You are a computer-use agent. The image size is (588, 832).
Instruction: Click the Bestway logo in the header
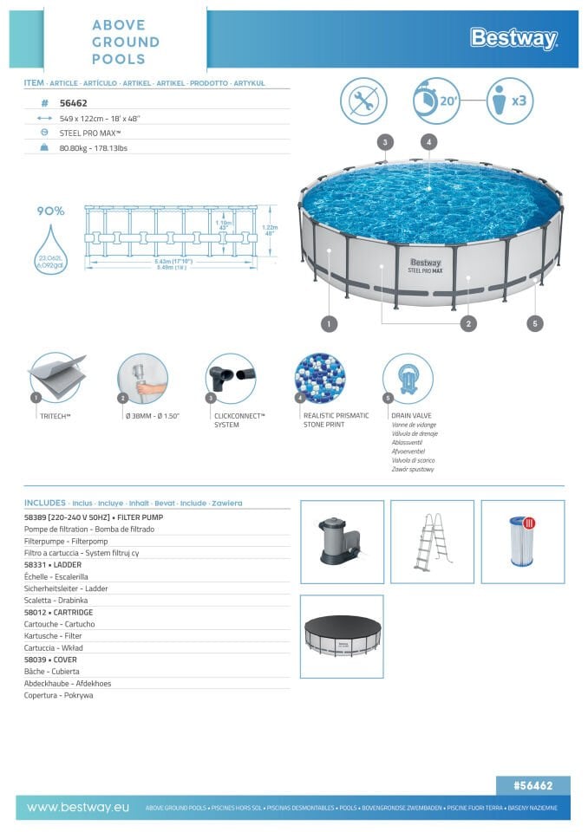pos(513,38)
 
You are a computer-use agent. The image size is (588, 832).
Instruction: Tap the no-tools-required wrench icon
pos(363,101)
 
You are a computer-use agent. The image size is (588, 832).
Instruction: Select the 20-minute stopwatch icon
pos(435,101)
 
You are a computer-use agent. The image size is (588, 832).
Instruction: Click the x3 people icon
pos(508,101)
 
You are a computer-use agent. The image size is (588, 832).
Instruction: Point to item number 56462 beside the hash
pos(73,101)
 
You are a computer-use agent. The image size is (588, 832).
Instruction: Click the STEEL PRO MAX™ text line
pos(90,133)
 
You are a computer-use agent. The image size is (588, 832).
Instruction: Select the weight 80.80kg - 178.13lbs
pos(93,148)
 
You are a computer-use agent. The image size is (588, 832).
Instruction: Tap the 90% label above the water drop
pos(50,211)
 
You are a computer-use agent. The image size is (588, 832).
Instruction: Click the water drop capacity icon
pos(51,248)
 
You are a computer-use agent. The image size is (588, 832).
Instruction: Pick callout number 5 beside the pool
pos(535,323)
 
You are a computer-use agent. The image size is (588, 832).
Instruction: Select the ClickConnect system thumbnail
pos(230,378)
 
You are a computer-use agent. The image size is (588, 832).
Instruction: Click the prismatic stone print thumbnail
pos(319,378)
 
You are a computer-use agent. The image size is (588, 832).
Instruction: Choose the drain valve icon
pos(407,378)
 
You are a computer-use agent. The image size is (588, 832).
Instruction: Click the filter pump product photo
pos(342,541)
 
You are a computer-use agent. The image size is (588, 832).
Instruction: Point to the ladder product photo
pos(432,541)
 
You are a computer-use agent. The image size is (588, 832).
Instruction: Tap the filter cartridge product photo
pos(522,541)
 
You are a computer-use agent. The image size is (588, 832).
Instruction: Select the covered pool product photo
pos(342,635)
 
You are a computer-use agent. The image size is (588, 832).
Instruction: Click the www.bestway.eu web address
pos(78,807)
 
